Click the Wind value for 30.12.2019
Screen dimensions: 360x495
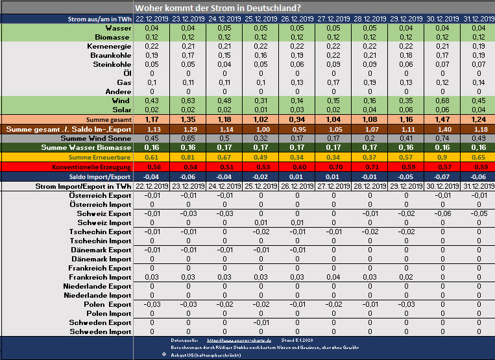point(443,101)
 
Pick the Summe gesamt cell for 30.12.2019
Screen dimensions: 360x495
point(443,120)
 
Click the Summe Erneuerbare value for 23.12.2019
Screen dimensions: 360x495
point(188,157)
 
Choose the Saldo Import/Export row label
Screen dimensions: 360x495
point(97,176)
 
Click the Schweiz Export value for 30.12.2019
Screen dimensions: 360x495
point(443,213)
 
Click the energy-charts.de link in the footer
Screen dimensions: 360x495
point(234,339)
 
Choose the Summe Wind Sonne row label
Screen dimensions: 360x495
point(95,138)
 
